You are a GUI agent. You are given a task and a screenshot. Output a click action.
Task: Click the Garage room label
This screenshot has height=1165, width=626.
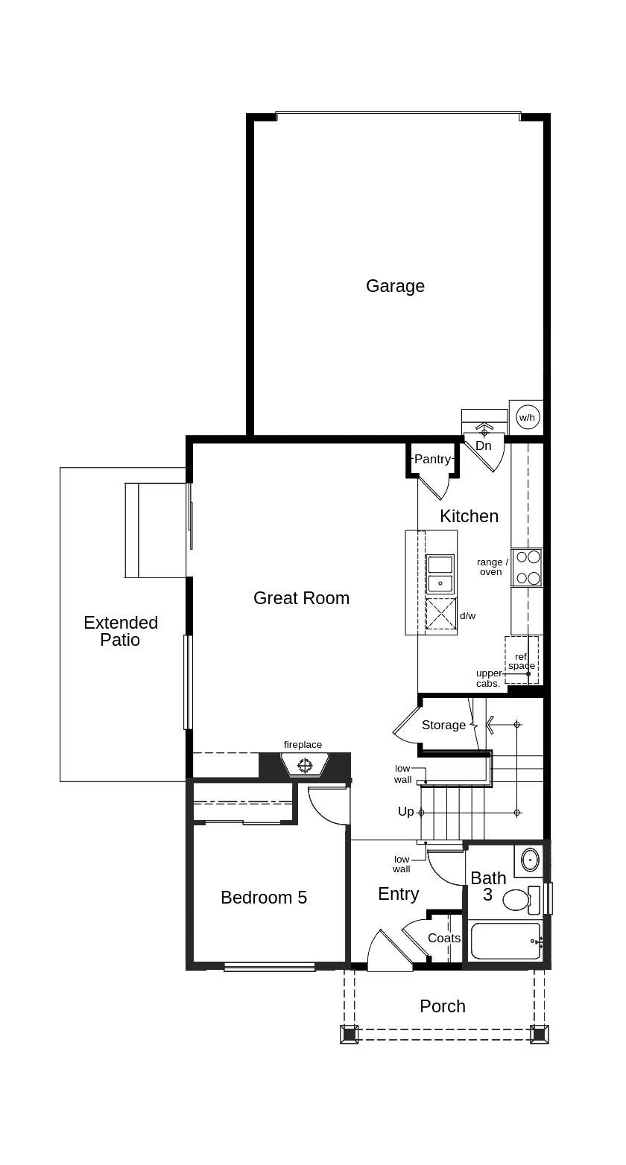tap(395, 286)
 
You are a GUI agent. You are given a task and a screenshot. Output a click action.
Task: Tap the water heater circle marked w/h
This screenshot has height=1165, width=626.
tap(527, 418)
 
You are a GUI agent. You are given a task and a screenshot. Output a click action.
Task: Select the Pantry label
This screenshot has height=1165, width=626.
tap(432, 459)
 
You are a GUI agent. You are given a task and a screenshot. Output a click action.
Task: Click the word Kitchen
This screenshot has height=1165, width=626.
tap(469, 516)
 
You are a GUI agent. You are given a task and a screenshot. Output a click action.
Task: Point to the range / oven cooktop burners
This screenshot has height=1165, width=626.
tap(527, 568)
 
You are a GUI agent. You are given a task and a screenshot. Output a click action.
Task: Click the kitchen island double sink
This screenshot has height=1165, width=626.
tap(440, 575)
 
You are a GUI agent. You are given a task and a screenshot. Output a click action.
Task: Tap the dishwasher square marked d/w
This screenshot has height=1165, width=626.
tap(440, 614)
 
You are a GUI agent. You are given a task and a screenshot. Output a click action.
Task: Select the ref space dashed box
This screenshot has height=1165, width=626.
tap(522, 660)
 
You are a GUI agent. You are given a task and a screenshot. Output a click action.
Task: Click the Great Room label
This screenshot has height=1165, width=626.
tap(301, 598)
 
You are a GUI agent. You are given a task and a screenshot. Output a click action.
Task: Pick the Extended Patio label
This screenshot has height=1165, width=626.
tap(121, 631)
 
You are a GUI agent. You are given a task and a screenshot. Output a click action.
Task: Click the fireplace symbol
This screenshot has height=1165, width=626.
tap(303, 766)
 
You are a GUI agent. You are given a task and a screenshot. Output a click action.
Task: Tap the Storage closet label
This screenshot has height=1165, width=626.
tap(443, 725)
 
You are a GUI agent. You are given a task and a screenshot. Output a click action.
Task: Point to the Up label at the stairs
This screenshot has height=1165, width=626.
tap(406, 811)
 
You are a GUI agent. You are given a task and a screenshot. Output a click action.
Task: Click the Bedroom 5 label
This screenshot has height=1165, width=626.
tap(264, 897)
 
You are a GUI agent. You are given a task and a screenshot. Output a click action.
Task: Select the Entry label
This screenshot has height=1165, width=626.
tap(399, 894)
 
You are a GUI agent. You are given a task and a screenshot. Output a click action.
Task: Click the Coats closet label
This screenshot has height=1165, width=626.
tap(444, 938)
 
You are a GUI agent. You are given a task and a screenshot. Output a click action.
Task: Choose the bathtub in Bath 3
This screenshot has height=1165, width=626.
tap(506, 940)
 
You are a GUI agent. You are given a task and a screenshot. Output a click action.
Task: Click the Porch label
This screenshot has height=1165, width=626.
tap(443, 1006)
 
